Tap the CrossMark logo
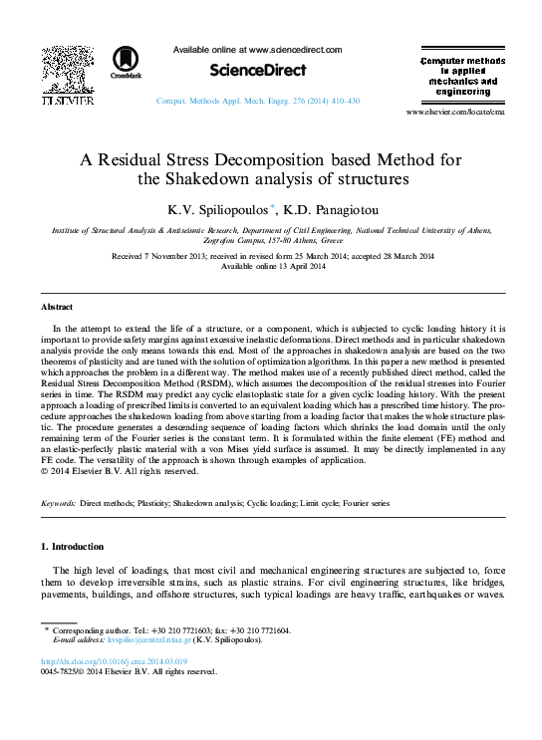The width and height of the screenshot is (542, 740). (x=127, y=62)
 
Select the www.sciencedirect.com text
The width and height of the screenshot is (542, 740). (x=295, y=49)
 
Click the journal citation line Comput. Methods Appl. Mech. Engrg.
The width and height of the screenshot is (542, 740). (x=258, y=102)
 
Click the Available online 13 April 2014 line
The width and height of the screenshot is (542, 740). (x=272, y=267)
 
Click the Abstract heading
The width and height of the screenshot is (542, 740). (x=57, y=306)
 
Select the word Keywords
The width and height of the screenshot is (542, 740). (x=58, y=504)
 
